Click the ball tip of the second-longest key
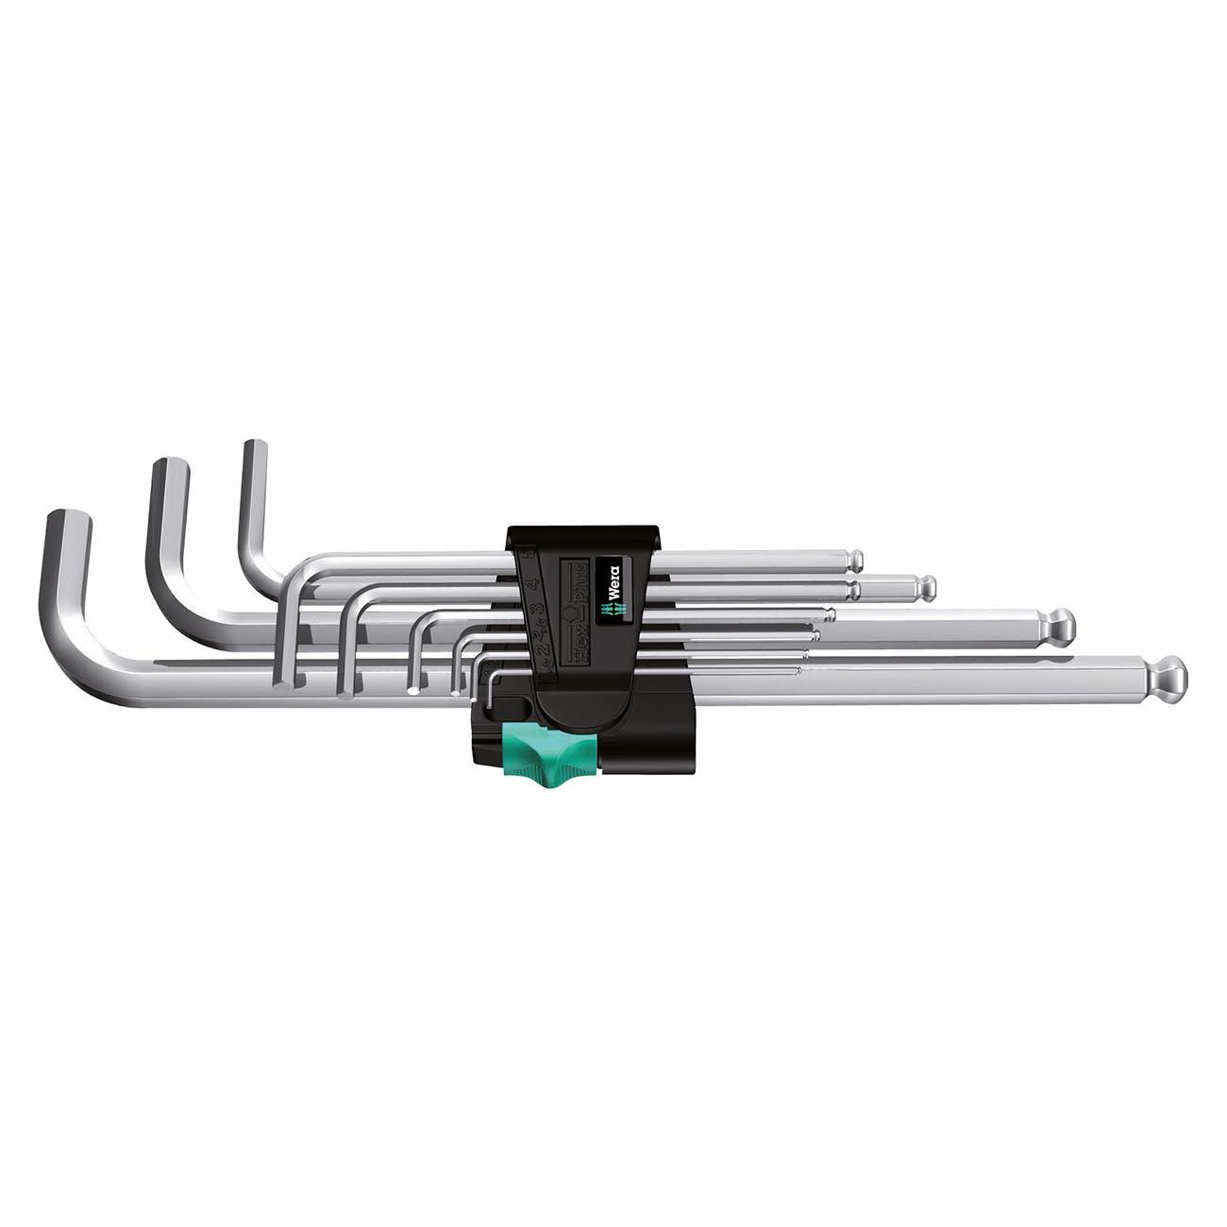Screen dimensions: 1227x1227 (1060, 623)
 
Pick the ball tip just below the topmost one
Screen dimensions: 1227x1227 (928, 589)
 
